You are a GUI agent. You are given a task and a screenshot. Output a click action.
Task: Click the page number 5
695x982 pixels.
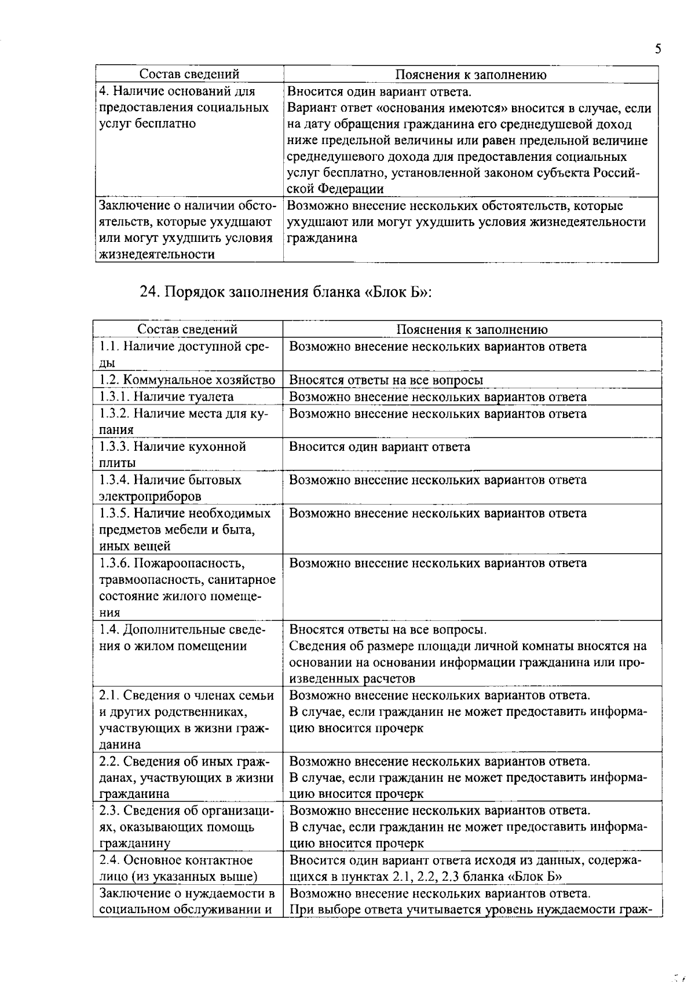658,49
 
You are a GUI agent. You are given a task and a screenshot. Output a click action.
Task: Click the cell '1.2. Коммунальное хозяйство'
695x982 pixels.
187,380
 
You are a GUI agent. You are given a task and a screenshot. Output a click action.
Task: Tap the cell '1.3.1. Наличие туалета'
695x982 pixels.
166,397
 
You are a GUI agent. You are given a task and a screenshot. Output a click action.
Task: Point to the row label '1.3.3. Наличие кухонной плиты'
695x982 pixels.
173,454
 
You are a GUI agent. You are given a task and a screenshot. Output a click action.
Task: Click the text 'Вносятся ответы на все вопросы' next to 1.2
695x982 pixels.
386,380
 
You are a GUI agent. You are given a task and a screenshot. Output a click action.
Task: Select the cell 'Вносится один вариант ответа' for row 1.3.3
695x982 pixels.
379,447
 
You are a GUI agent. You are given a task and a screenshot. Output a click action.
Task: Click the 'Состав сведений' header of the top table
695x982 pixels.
189,75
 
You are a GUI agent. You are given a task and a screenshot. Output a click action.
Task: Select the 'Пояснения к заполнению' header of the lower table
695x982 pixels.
471,329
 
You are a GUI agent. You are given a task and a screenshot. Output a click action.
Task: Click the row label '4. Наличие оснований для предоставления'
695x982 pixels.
184,108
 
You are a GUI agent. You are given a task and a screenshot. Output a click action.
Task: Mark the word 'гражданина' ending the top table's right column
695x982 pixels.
322,238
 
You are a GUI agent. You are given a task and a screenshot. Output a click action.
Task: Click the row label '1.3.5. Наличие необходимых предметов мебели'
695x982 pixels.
184,529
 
